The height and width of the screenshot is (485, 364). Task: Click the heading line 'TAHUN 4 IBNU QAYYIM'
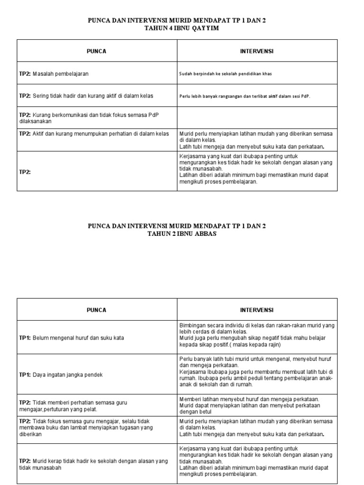[177, 28]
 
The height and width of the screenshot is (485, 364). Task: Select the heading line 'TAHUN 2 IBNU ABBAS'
[177, 234]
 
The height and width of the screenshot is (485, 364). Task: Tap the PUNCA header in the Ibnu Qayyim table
[97, 51]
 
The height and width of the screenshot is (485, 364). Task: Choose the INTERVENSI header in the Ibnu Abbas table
[257, 310]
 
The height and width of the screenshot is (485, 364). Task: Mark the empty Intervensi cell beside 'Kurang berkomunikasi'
[257, 118]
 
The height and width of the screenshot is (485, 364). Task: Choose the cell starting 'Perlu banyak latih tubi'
[257, 375]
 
